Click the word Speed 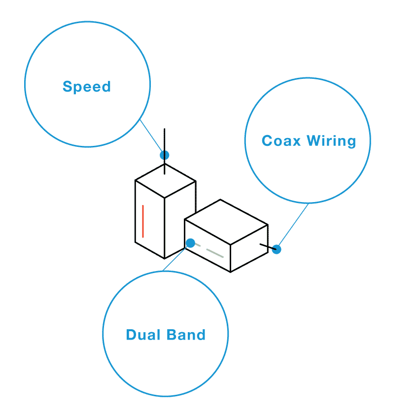pos(87,87)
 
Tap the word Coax pos(281,141)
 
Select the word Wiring pos(331,141)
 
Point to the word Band pos(185,335)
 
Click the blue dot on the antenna pos(165,155)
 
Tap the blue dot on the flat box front pos(190,243)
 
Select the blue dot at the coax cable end pos(277,249)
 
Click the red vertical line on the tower pos(143,221)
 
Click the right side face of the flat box pos(249,248)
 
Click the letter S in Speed pos(67,87)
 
